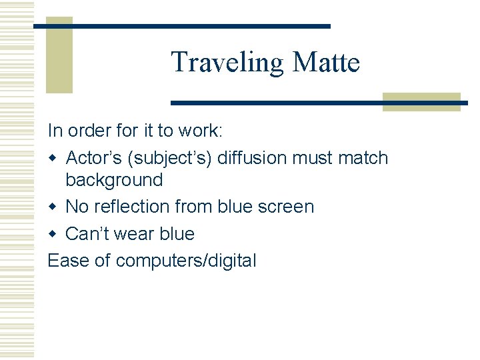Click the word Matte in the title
[x=326, y=63]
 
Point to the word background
[x=114, y=180]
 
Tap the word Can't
[x=85, y=234]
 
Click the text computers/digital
[x=186, y=261]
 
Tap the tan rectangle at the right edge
[x=421, y=101]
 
